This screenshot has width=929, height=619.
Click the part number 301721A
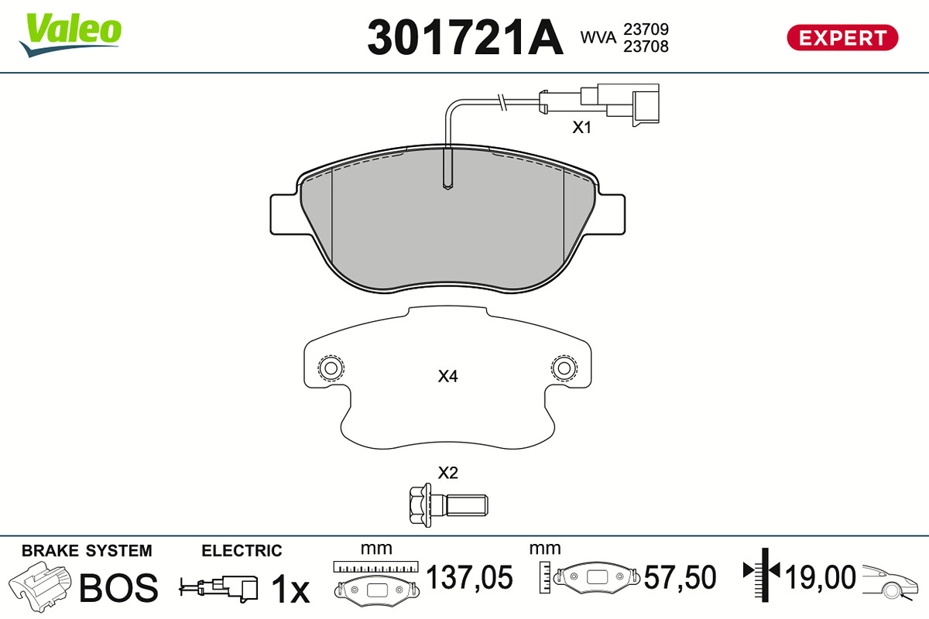click(465, 37)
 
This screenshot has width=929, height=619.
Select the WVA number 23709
click(646, 29)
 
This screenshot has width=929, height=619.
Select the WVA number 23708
click(646, 46)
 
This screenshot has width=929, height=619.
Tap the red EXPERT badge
click(842, 38)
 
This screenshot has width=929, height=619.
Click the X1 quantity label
click(581, 128)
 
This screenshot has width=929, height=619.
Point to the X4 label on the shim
click(448, 376)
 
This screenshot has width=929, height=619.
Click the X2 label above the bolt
click(448, 473)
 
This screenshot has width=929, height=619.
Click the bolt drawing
click(448, 505)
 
